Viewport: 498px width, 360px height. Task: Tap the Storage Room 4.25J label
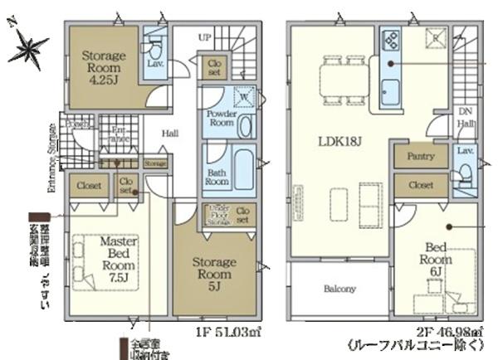click(102, 63)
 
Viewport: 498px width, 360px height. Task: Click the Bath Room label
click(217, 176)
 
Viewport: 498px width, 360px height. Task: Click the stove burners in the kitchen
click(389, 38)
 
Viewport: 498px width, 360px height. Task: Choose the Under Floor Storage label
click(218, 215)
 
